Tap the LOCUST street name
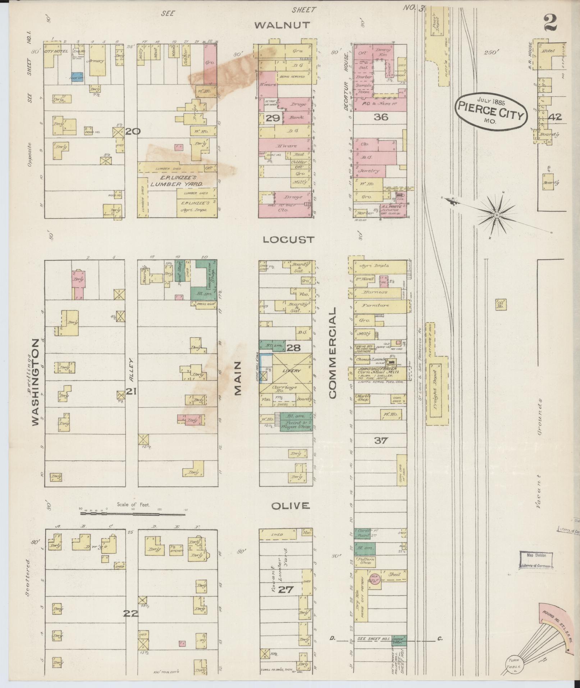coord(288,240)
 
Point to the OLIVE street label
coord(290,506)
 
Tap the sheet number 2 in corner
coord(550,23)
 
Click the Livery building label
coord(291,370)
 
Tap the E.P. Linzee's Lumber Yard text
coord(177,180)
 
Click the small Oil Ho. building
coord(501,304)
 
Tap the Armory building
coord(97,61)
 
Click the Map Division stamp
coord(536,560)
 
